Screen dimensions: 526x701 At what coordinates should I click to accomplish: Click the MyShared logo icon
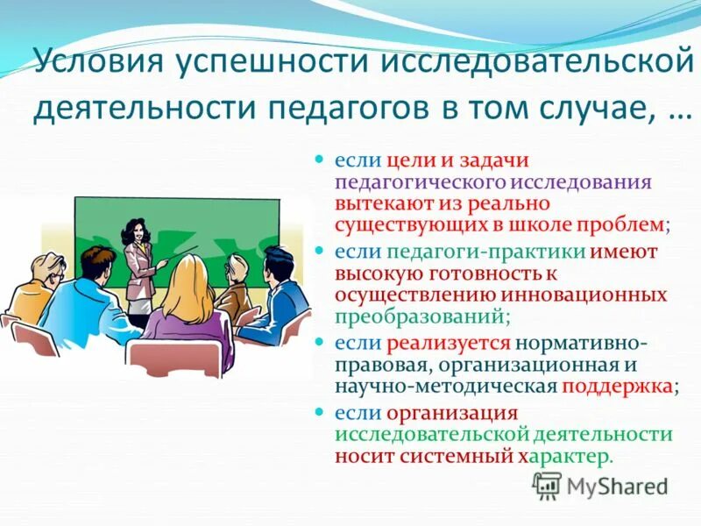[x=546, y=485]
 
